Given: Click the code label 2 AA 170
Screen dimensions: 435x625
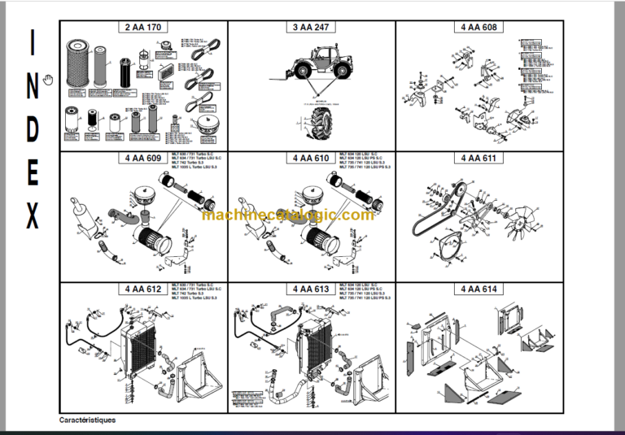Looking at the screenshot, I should pyautogui.click(x=144, y=28).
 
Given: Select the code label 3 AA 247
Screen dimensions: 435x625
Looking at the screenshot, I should pyautogui.click(x=311, y=28).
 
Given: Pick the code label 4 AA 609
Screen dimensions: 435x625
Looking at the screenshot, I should pyautogui.click(x=144, y=158).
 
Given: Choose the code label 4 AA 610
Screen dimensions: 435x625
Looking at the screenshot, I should pyautogui.click(x=311, y=158).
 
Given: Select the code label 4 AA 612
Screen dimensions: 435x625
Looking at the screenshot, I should pyautogui.click(x=144, y=289).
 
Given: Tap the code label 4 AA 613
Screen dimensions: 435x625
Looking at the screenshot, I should pyautogui.click(x=311, y=289).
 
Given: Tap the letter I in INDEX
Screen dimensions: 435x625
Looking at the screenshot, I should pyautogui.click(x=32, y=46).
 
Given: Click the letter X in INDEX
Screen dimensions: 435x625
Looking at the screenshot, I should pyautogui.click(x=32, y=218).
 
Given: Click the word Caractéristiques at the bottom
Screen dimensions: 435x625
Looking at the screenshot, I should pyautogui.click(x=87, y=420).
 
